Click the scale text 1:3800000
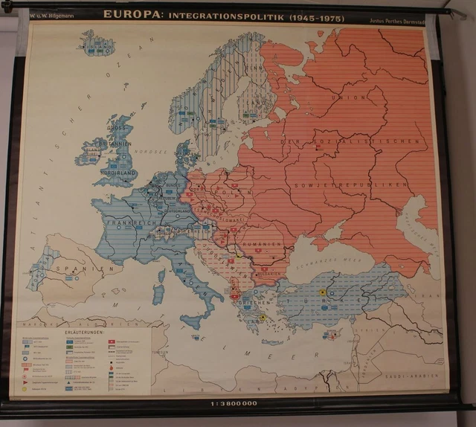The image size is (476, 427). [x=234, y=403]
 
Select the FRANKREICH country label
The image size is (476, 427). [x=131, y=222]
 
